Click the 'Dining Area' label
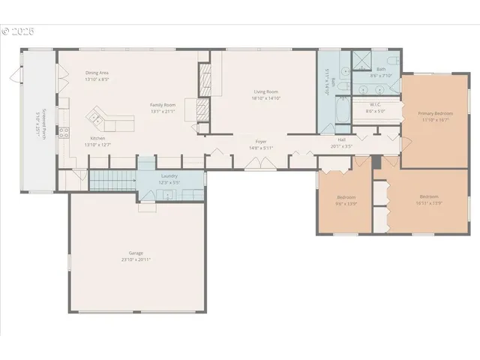[x=97, y=72]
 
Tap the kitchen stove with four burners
[x=64, y=134]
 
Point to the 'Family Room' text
[x=162, y=105]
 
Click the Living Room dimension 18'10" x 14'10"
[x=265, y=98]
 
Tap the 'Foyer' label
[x=261, y=141]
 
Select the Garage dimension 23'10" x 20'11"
[x=136, y=259]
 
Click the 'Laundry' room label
[x=169, y=175]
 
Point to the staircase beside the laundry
[x=112, y=180]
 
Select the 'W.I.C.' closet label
[x=376, y=105]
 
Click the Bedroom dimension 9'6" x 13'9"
[x=346, y=202]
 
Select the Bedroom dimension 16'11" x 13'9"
[x=429, y=202]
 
